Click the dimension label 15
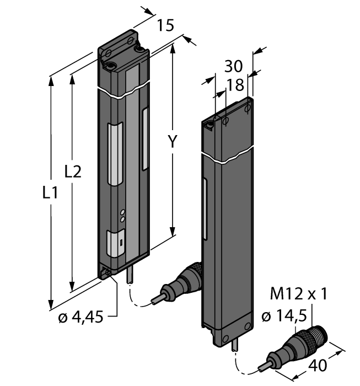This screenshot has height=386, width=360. click(165, 25)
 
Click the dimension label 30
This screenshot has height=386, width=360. click(234, 66)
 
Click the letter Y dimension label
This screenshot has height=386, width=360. click(173, 142)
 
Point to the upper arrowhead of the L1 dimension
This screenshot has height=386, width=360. click(52, 80)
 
